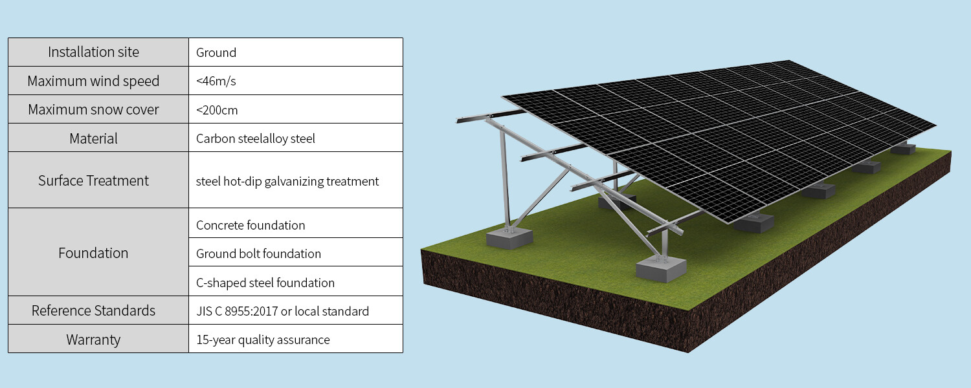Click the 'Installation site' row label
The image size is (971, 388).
(93, 52)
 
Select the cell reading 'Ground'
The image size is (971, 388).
(216, 53)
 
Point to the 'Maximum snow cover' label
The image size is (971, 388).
(93, 110)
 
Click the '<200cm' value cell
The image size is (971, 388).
(217, 110)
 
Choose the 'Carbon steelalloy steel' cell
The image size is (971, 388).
(256, 138)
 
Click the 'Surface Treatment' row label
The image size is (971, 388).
(93, 180)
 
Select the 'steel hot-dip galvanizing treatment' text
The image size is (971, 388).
(287, 181)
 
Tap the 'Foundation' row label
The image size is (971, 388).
(93, 253)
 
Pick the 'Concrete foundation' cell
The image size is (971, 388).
(251, 225)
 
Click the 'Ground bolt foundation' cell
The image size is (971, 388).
(258, 253)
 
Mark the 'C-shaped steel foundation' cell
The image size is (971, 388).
(265, 283)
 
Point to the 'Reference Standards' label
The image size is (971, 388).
(93, 310)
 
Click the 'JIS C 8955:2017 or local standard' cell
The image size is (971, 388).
(282, 311)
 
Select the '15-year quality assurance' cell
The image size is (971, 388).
(263, 339)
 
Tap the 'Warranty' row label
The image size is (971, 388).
(93, 339)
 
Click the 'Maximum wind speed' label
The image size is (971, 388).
(93, 81)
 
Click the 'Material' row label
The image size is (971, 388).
(93, 138)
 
